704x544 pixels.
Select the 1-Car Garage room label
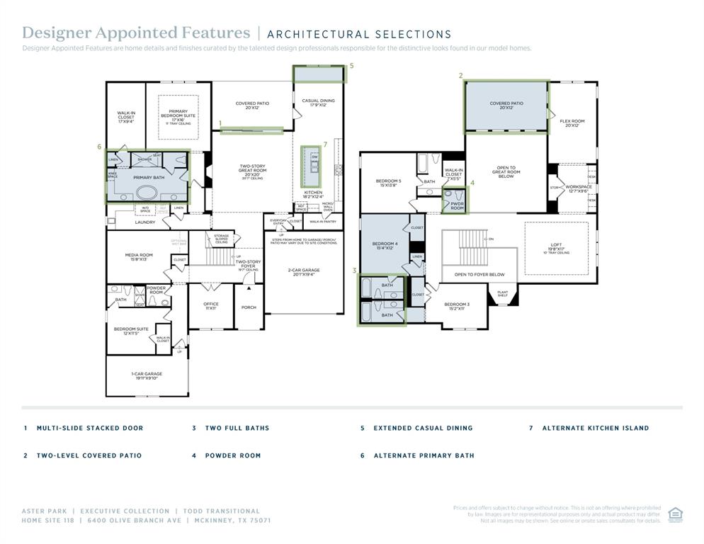click(x=147, y=375)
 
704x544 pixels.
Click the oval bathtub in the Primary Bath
click(x=148, y=191)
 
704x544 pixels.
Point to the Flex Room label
click(x=572, y=123)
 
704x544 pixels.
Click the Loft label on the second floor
click(x=556, y=247)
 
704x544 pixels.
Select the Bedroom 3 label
click(x=457, y=305)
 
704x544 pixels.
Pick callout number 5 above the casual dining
click(x=351, y=66)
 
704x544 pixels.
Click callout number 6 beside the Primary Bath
click(x=100, y=147)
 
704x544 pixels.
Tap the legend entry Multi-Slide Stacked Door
click(x=90, y=428)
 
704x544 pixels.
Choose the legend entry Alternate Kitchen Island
click(x=595, y=428)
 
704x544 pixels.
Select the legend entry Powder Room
click(x=233, y=455)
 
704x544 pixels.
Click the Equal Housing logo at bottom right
click(x=675, y=513)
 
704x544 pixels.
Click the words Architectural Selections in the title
click(x=359, y=34)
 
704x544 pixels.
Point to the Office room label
click(x=211, y=305)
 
